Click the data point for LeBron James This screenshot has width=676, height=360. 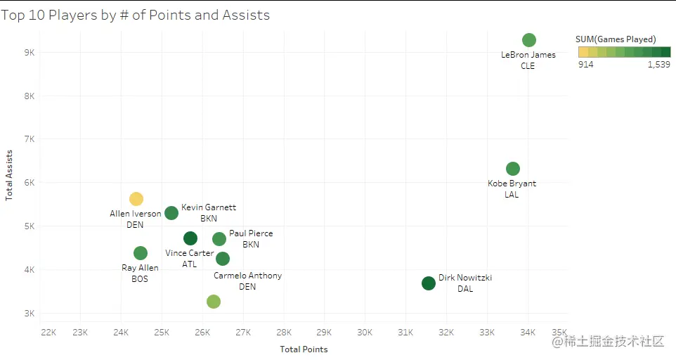click(529, 40)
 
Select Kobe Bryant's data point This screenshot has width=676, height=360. click(513, 169)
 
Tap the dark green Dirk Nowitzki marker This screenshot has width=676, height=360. click(429, 283)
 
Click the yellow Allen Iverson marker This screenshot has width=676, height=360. click(136, 199)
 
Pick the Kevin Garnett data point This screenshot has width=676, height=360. click(171, 213)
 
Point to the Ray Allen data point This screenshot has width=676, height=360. click(141, 253)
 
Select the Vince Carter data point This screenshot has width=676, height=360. click(190, 238)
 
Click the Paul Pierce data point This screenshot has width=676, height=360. click(219, 239)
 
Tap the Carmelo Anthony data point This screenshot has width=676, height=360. click(223, 259)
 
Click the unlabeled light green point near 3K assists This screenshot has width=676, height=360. click(214, 302)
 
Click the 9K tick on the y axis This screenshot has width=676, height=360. click(30, 53)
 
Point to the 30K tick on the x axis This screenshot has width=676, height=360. click(365, 332)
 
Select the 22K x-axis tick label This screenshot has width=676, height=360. click(48, 332)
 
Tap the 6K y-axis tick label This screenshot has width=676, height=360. click(30, 183)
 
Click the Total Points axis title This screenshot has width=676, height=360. click(304, 349)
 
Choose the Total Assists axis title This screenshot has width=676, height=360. click(10, 175)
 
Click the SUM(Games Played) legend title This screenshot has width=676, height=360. click(616, 39)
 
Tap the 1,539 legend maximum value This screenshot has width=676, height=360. click(659, 65)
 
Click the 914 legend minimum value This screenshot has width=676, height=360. click(585, 65)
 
